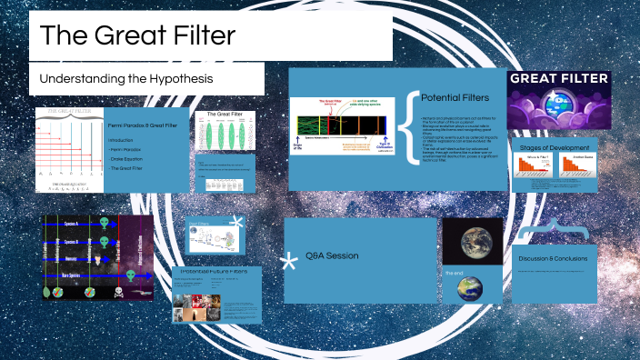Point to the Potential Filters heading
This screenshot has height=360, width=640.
(x=455, y=96)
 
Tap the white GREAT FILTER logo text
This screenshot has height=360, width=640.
(x=559, y=79)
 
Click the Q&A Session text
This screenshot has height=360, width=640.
(x=332, y=255)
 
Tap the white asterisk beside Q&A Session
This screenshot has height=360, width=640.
(x=290, y=263)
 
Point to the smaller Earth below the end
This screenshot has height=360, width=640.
(x=470, y=287)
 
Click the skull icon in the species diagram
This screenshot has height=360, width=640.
(x=117, y=293)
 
